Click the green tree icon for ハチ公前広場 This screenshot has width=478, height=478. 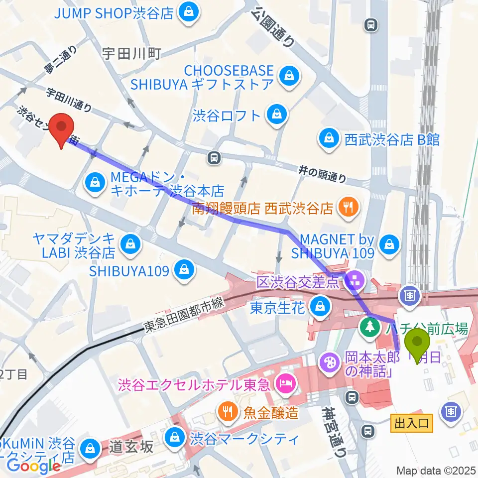click(x=368, y=328)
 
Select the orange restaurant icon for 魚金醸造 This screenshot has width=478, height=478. click(x=228, y=411)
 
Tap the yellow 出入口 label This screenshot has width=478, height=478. click(x=411, y=424)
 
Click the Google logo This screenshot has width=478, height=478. click(x=33, y=466)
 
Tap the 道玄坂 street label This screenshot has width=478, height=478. click(x=131, y=447)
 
